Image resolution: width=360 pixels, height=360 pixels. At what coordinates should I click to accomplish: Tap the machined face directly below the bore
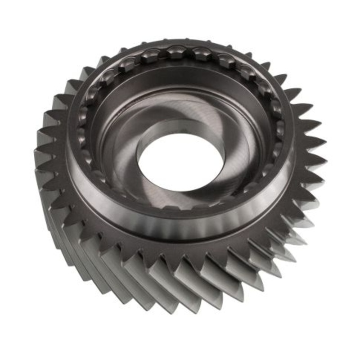[x=180, y=198]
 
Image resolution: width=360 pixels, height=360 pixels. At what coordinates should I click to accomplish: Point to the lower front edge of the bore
[x=180, y=188]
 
